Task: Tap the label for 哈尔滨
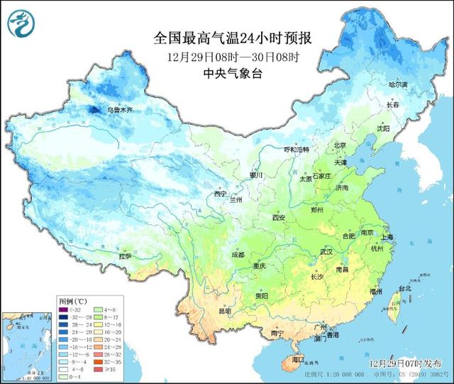pos(399,84)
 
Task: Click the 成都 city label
pos(237,254)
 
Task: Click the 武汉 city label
pos(326,251)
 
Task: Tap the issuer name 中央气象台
pos(232,74)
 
